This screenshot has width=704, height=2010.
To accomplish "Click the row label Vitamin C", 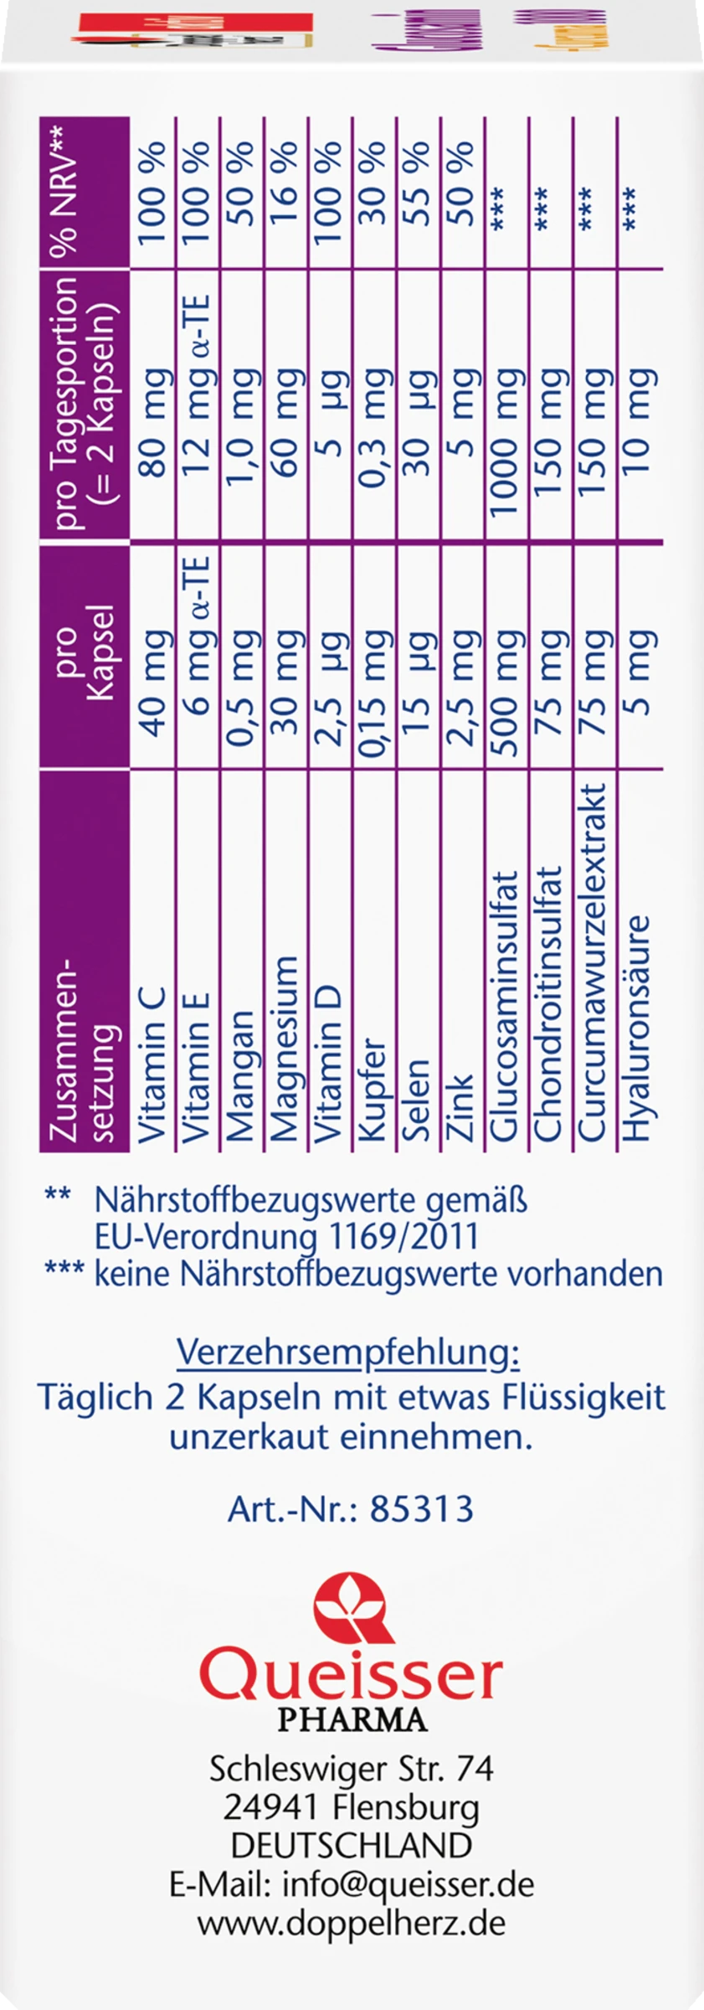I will coord(152,1064).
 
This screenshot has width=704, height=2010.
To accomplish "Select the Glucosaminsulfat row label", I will coord(506,1005).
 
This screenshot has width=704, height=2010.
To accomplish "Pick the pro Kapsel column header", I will coord(85,657).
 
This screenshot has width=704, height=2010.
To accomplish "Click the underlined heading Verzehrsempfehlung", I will coord(348,1353).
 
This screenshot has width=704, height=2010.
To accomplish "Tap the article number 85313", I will coord(422,1509).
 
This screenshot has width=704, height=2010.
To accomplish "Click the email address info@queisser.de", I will coord(409,1860).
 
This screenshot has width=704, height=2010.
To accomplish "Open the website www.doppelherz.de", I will coord(352,1899).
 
